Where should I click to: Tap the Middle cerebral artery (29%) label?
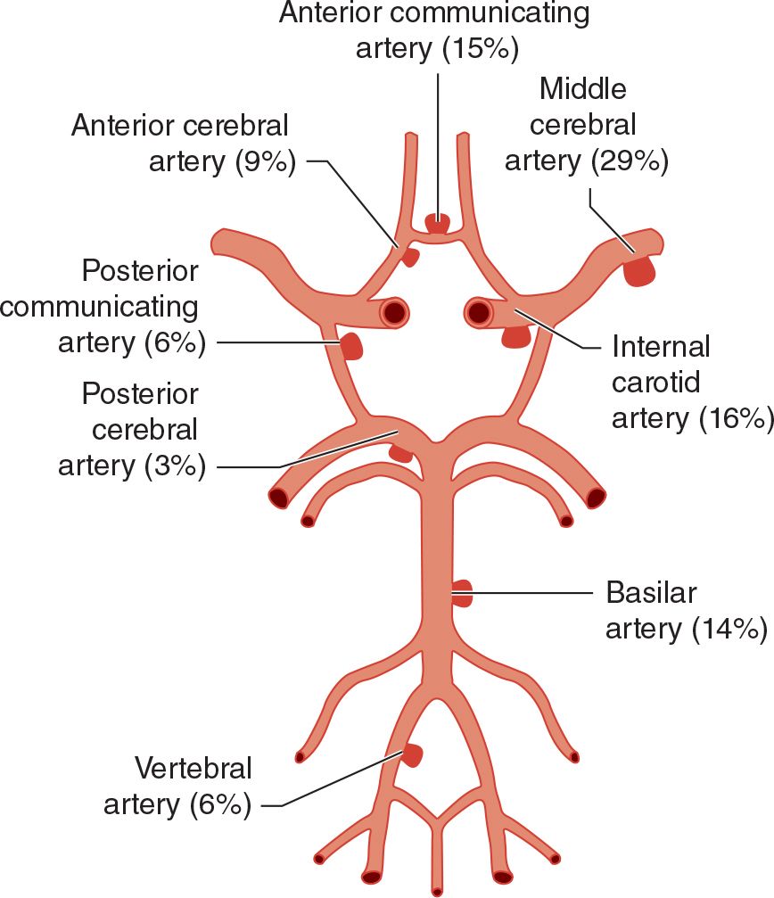pyautogui.click(x=585, y=124)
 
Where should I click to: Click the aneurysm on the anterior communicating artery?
pyautogui.click(x=437, y=223)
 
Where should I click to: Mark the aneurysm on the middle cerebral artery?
pyautogui.click(x=638, y=269)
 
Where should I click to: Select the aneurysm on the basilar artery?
pyautogui.click(x=462, y=593)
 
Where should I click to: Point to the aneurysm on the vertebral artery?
pyautogui.click(x=411, y=756)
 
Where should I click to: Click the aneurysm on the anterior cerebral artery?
pyautogui.click(x=409, y=257)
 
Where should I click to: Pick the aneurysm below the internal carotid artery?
pyautogui.click(x=515, y=336)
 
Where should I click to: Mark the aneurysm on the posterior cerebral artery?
pyautogui.click(x=400, y=453)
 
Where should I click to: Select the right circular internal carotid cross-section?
pyautogui.click(x=479, y=312)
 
